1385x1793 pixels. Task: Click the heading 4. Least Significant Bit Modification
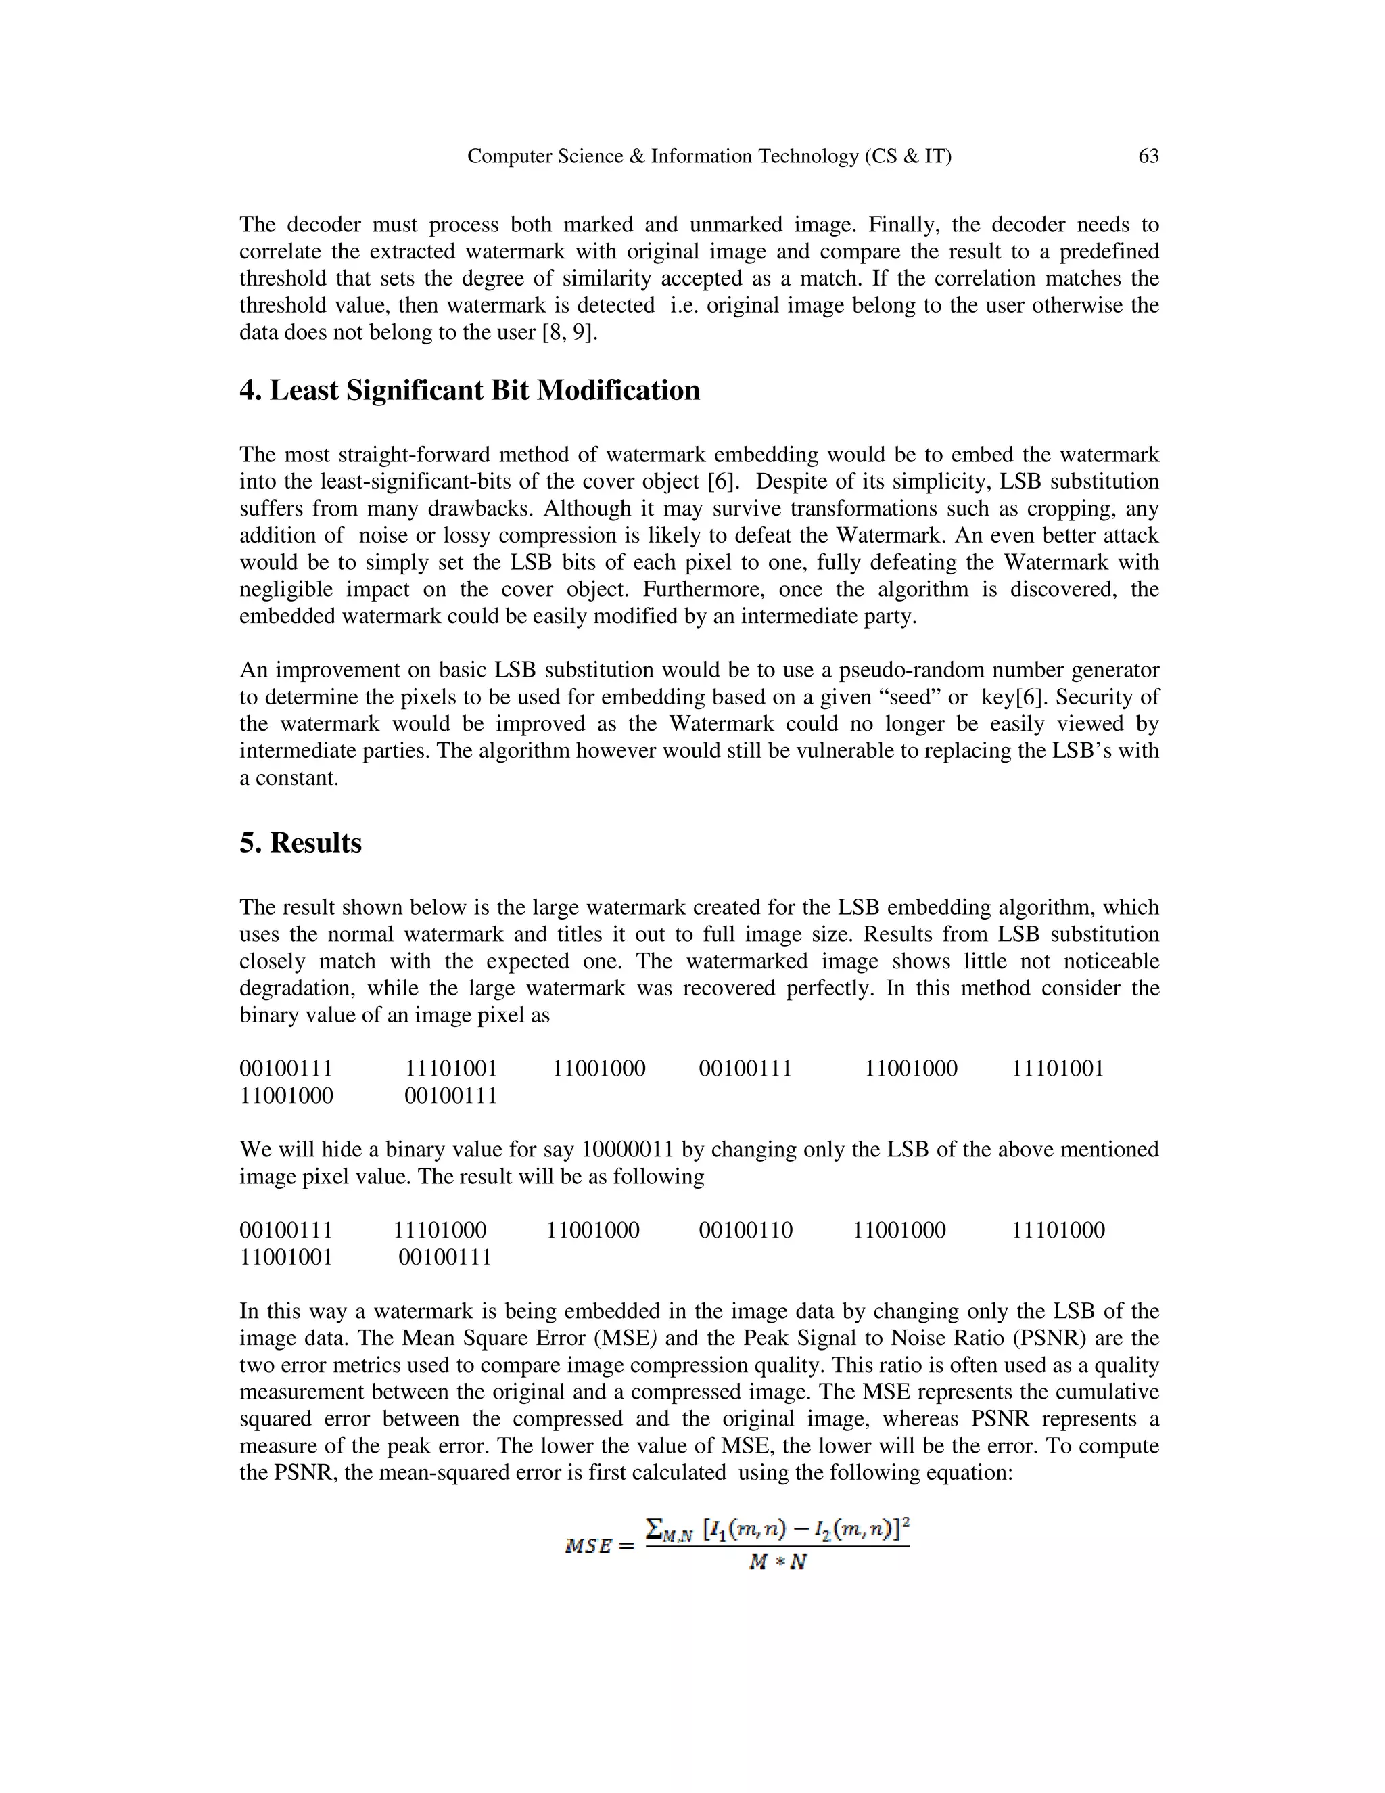click(469, 390)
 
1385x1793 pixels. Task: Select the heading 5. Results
click(300, 843)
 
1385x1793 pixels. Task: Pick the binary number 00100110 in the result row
click(745, 1230)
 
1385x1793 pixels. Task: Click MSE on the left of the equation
click(588, 1547)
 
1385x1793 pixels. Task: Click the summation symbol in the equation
click(654, 1528)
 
